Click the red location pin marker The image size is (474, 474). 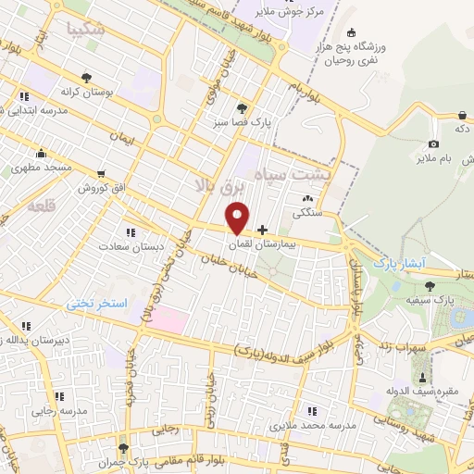pos(238,218)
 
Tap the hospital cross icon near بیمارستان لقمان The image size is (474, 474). pos(262,229)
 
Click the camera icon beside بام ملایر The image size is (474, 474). pos(433,144)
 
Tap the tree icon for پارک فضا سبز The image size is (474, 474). pos(243,106)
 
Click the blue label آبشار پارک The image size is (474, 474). pos(398,264)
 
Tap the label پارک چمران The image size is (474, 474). pos(126,460)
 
